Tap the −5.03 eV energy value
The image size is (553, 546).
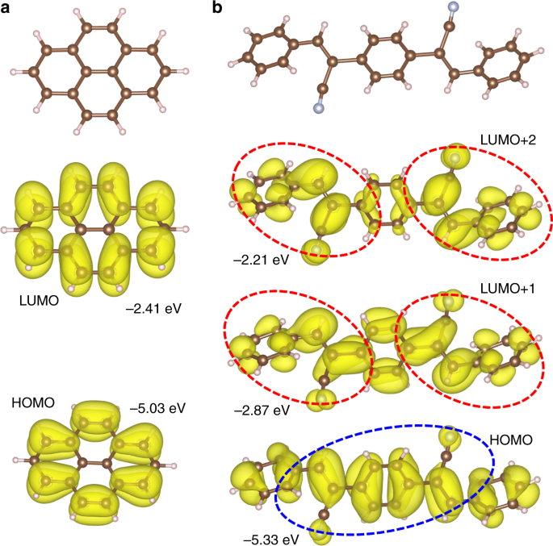pyautogui.click(x=157, y=407)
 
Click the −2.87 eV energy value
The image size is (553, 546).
pyautogui.click(x=258, y=411)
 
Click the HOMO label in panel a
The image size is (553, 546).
pyautogui.click(x=32, y=401)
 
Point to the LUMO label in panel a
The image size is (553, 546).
pyautogui.click(x=38, y=299)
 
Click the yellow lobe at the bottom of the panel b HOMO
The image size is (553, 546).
pyautogui.click(x=321, y=531)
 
